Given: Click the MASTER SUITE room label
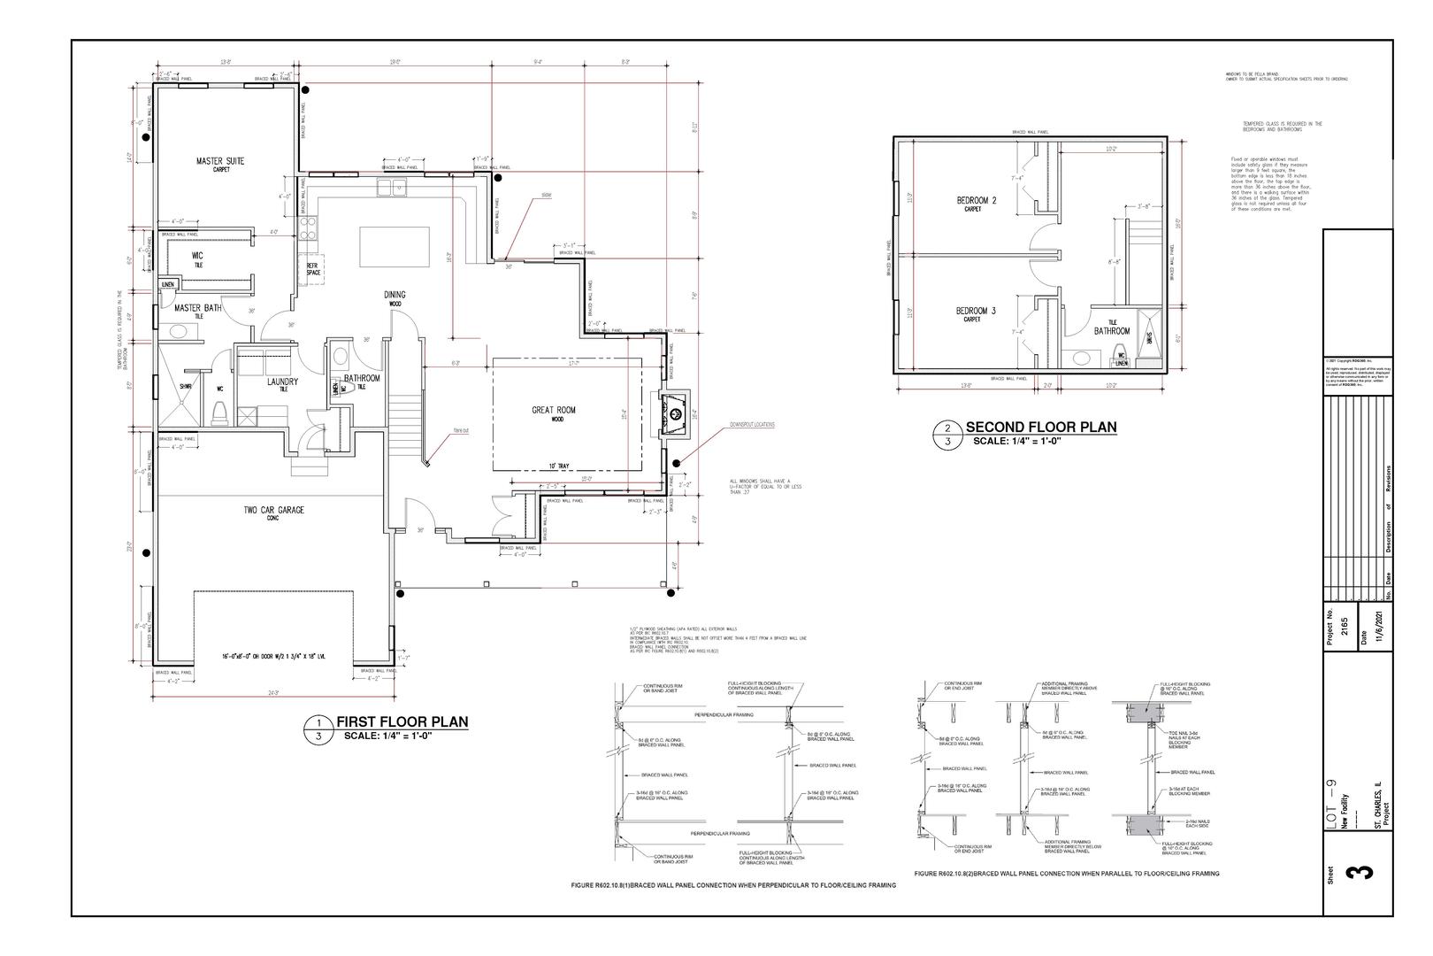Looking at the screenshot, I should (x=219, y=161).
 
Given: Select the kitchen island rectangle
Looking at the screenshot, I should (x=395, y=246).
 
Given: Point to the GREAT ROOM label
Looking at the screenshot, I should (x=554, y=410).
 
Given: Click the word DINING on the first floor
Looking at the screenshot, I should (x=395, y=295).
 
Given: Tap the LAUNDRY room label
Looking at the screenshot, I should (x=282, y=382).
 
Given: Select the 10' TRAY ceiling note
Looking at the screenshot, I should (x=558, y=466).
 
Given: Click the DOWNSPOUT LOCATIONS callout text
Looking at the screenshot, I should (x=752, y=424).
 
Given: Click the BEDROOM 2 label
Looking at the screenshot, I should (x=977, y=201).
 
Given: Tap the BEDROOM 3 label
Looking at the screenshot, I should (x=976, y=311).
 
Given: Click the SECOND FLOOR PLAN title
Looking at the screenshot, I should (x=1040, y=427).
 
